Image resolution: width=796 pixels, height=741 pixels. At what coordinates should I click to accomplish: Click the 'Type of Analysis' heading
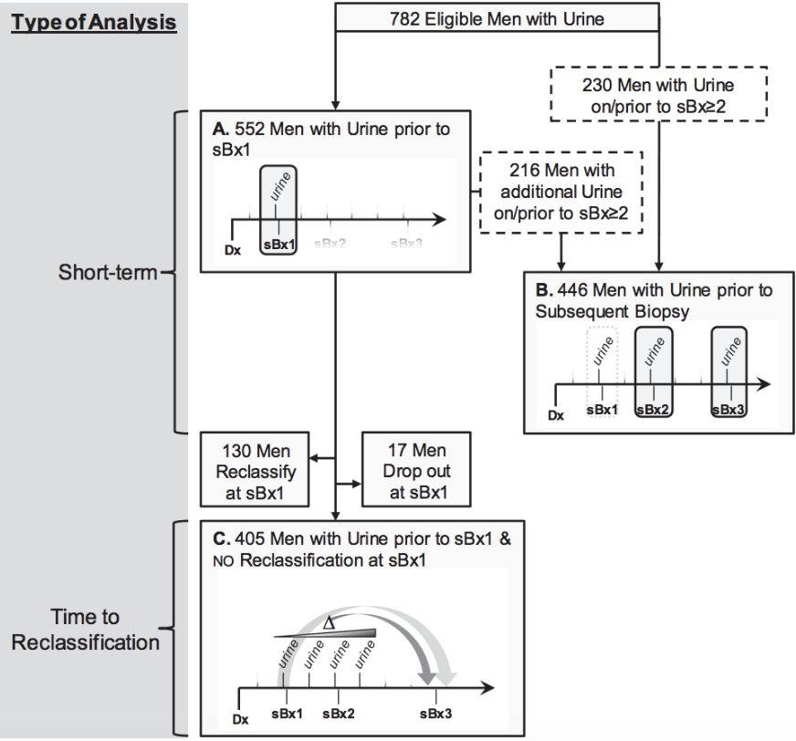click(x=93, y=21)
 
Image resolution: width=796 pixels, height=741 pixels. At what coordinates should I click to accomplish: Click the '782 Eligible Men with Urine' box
click(x=497, y=17)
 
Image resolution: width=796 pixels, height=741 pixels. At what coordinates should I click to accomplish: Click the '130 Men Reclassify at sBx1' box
click(x=254, y=471)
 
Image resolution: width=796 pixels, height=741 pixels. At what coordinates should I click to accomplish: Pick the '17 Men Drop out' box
click(x=416, y=471)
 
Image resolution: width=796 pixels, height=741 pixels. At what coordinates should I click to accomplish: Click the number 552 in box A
click(x=252, y=130)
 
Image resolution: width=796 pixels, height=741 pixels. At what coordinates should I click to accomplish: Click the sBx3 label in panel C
click(x=435, y=713)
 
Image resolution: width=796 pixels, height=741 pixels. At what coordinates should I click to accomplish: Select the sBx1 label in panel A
click(x=279, y=245)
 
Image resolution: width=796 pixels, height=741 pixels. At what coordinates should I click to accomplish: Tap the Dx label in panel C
click(x=240, y=719)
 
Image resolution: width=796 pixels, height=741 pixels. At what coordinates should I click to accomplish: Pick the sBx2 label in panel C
click(x=338, y=713)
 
